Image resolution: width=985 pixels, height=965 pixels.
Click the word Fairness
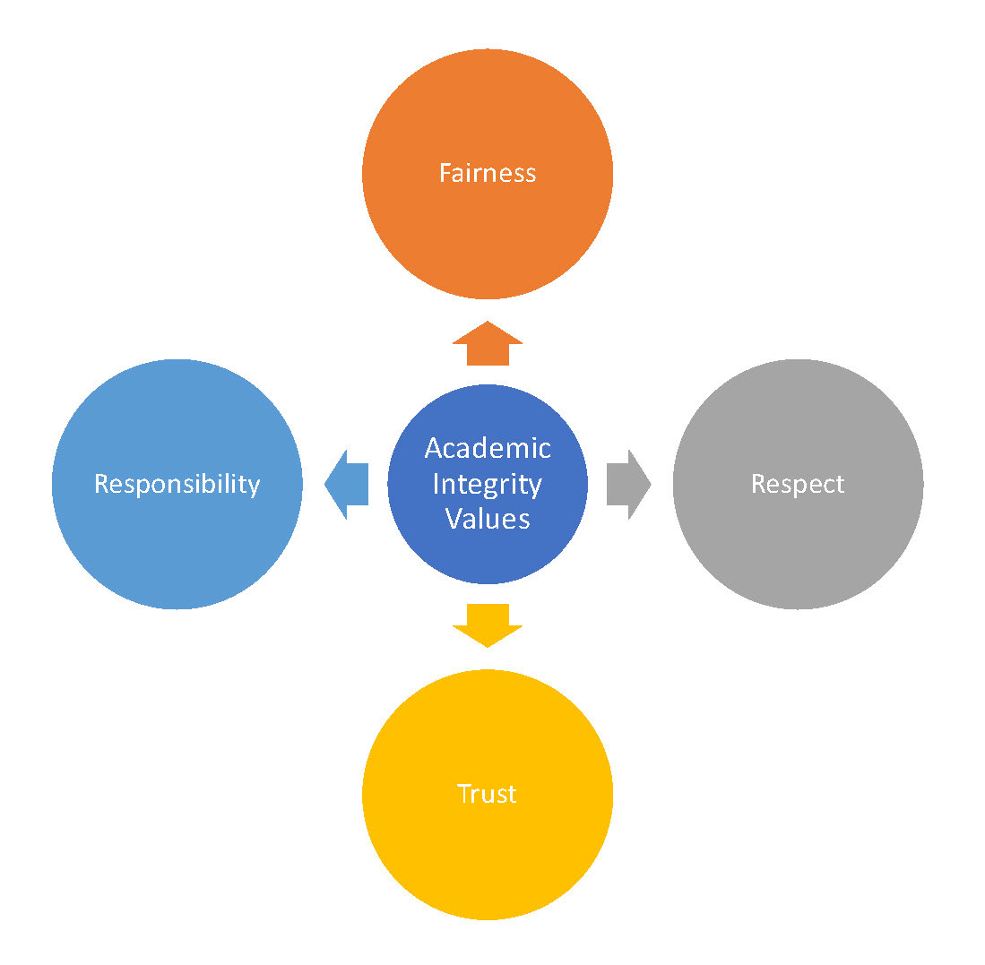[x=487, y=172]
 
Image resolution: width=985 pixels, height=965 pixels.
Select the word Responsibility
[x=177, y=484]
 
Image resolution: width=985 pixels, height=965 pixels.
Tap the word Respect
[x=797, y=484]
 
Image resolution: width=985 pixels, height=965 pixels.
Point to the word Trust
[x=487, y=794]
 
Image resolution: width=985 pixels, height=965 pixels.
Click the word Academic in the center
[x=487, y=448]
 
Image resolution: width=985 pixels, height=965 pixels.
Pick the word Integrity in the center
[x=487, y=484]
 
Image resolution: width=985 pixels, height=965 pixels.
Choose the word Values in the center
[x=487, y=519]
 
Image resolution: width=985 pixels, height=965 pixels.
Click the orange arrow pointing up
[x=487, y=344]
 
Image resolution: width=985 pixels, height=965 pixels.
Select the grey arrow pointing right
[x=628, y=484]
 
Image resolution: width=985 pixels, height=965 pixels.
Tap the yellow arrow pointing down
[x=487, y=625]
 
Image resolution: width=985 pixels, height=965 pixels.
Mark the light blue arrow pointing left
[x=347, y=484]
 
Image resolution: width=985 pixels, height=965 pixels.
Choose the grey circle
[x=797, y=556]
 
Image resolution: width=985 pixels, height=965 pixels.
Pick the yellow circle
[x=487, y=860]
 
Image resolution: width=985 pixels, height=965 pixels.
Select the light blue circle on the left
[x=177, y=556]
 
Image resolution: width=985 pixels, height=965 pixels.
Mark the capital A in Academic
[x=434, y=448]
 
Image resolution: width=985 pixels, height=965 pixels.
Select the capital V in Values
[x=453, y=519]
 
